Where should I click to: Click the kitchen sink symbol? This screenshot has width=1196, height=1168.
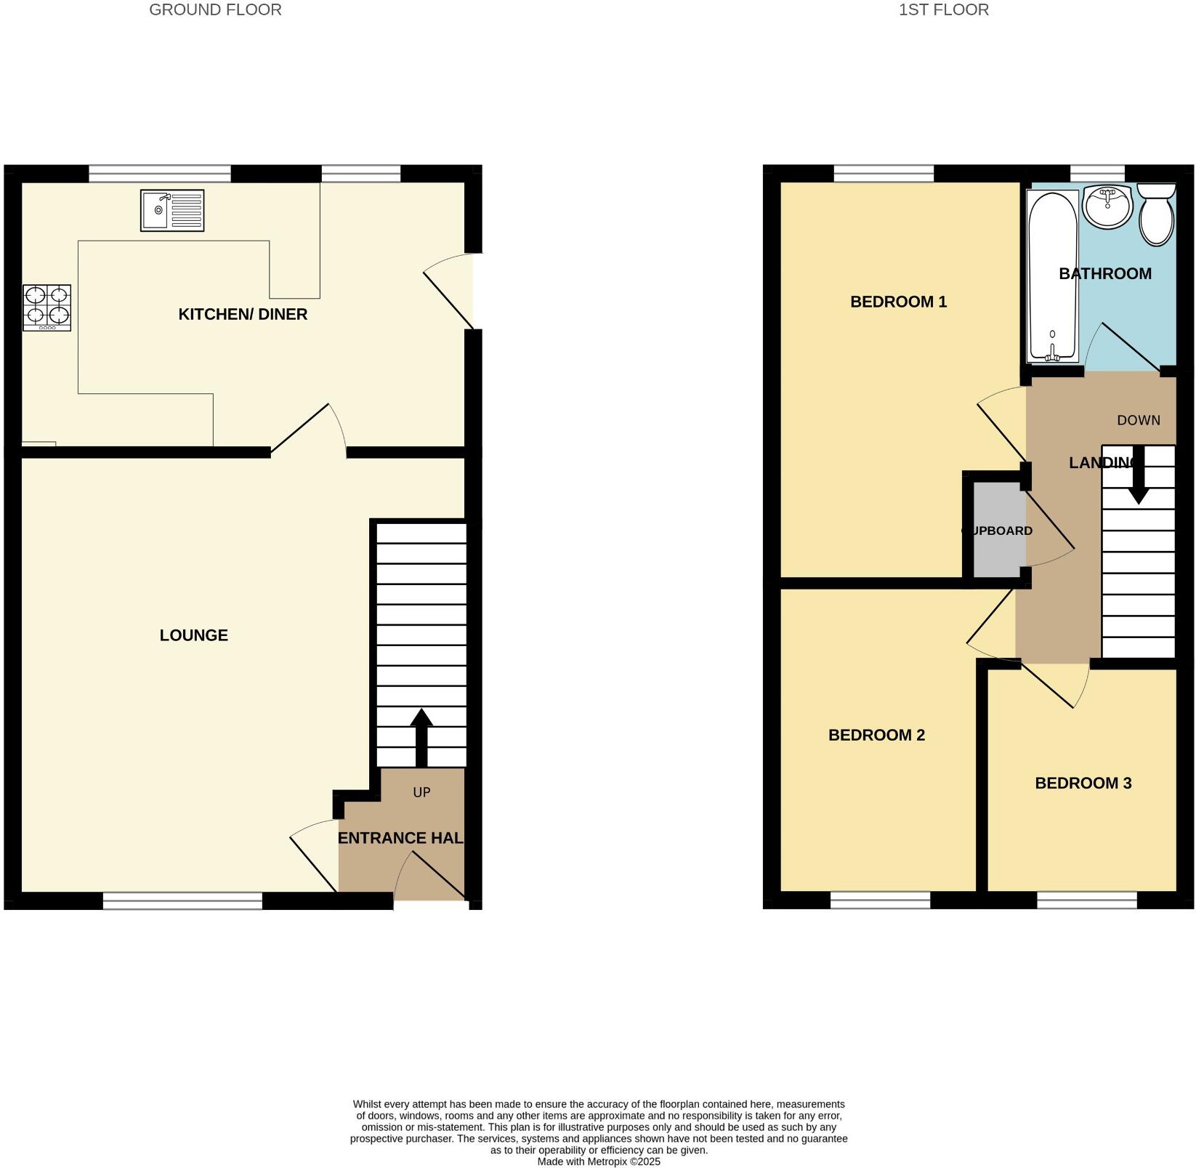coord(172,211)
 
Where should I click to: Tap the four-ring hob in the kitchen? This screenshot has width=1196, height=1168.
coord(47,307)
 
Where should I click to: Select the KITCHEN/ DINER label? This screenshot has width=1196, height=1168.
coord(243,314)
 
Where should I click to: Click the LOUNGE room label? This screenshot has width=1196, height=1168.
coord(193,635)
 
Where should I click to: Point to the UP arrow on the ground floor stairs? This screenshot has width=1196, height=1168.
coord(421,736)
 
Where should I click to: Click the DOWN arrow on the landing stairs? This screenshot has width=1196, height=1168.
coord(1138,476)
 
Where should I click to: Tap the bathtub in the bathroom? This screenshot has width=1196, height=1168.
coord(1051,276)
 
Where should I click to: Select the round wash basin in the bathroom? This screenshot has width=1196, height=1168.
coord(1107,206)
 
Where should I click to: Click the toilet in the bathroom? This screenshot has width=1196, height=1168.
coord(1156,214)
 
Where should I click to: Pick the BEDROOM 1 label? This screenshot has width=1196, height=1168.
coord(898,302)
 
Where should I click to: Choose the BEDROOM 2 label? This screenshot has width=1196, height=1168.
coord(876,735)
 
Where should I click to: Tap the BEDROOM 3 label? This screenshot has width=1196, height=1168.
coord(1083,783)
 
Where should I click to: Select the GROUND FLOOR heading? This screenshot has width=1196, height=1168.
coord(215,10)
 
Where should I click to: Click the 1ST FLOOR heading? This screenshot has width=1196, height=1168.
coord(943,10)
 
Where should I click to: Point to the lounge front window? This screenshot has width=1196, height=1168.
coord(182,901)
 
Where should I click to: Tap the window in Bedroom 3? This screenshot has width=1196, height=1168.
coord(1086,901)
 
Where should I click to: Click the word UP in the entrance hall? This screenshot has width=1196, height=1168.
coord(421,792)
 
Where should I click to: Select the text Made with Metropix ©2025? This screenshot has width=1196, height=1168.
coord(598,1161)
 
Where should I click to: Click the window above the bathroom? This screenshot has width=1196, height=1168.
coord(1097,173)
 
